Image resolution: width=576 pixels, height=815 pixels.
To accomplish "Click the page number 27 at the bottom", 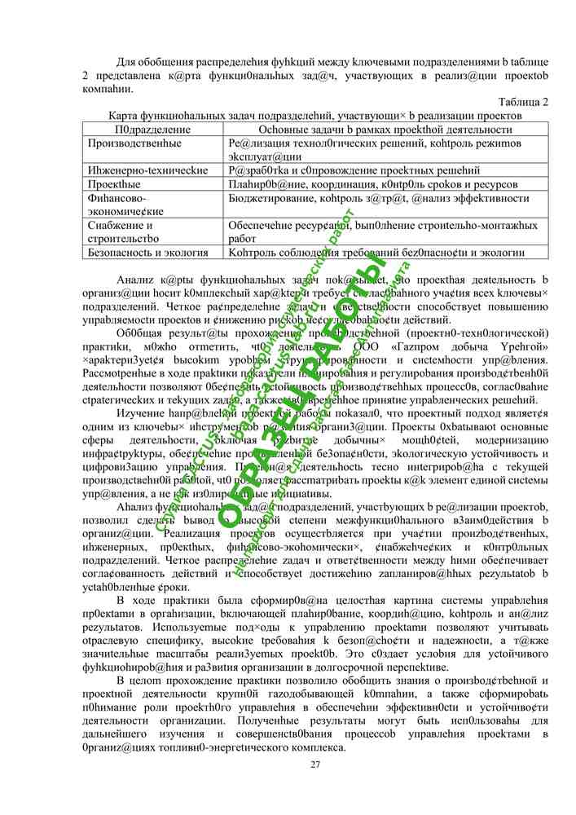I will tap(316, 764).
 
